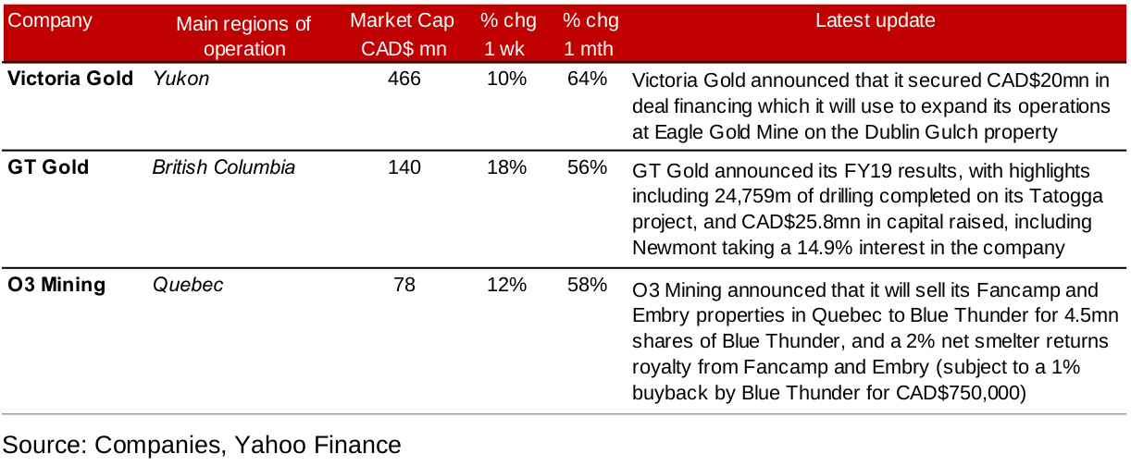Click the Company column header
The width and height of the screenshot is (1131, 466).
coord(50,20)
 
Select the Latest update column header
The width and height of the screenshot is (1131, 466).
coord(875,20)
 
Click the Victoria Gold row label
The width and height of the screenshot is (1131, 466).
coord(70,80)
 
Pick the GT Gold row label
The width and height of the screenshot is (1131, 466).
coord(48,167)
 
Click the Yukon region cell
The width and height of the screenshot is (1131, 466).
coord(180,80)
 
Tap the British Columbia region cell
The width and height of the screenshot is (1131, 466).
coord(224,167)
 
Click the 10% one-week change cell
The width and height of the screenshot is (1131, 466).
coord(506,80)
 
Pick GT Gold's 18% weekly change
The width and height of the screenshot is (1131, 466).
coord(506,167)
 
